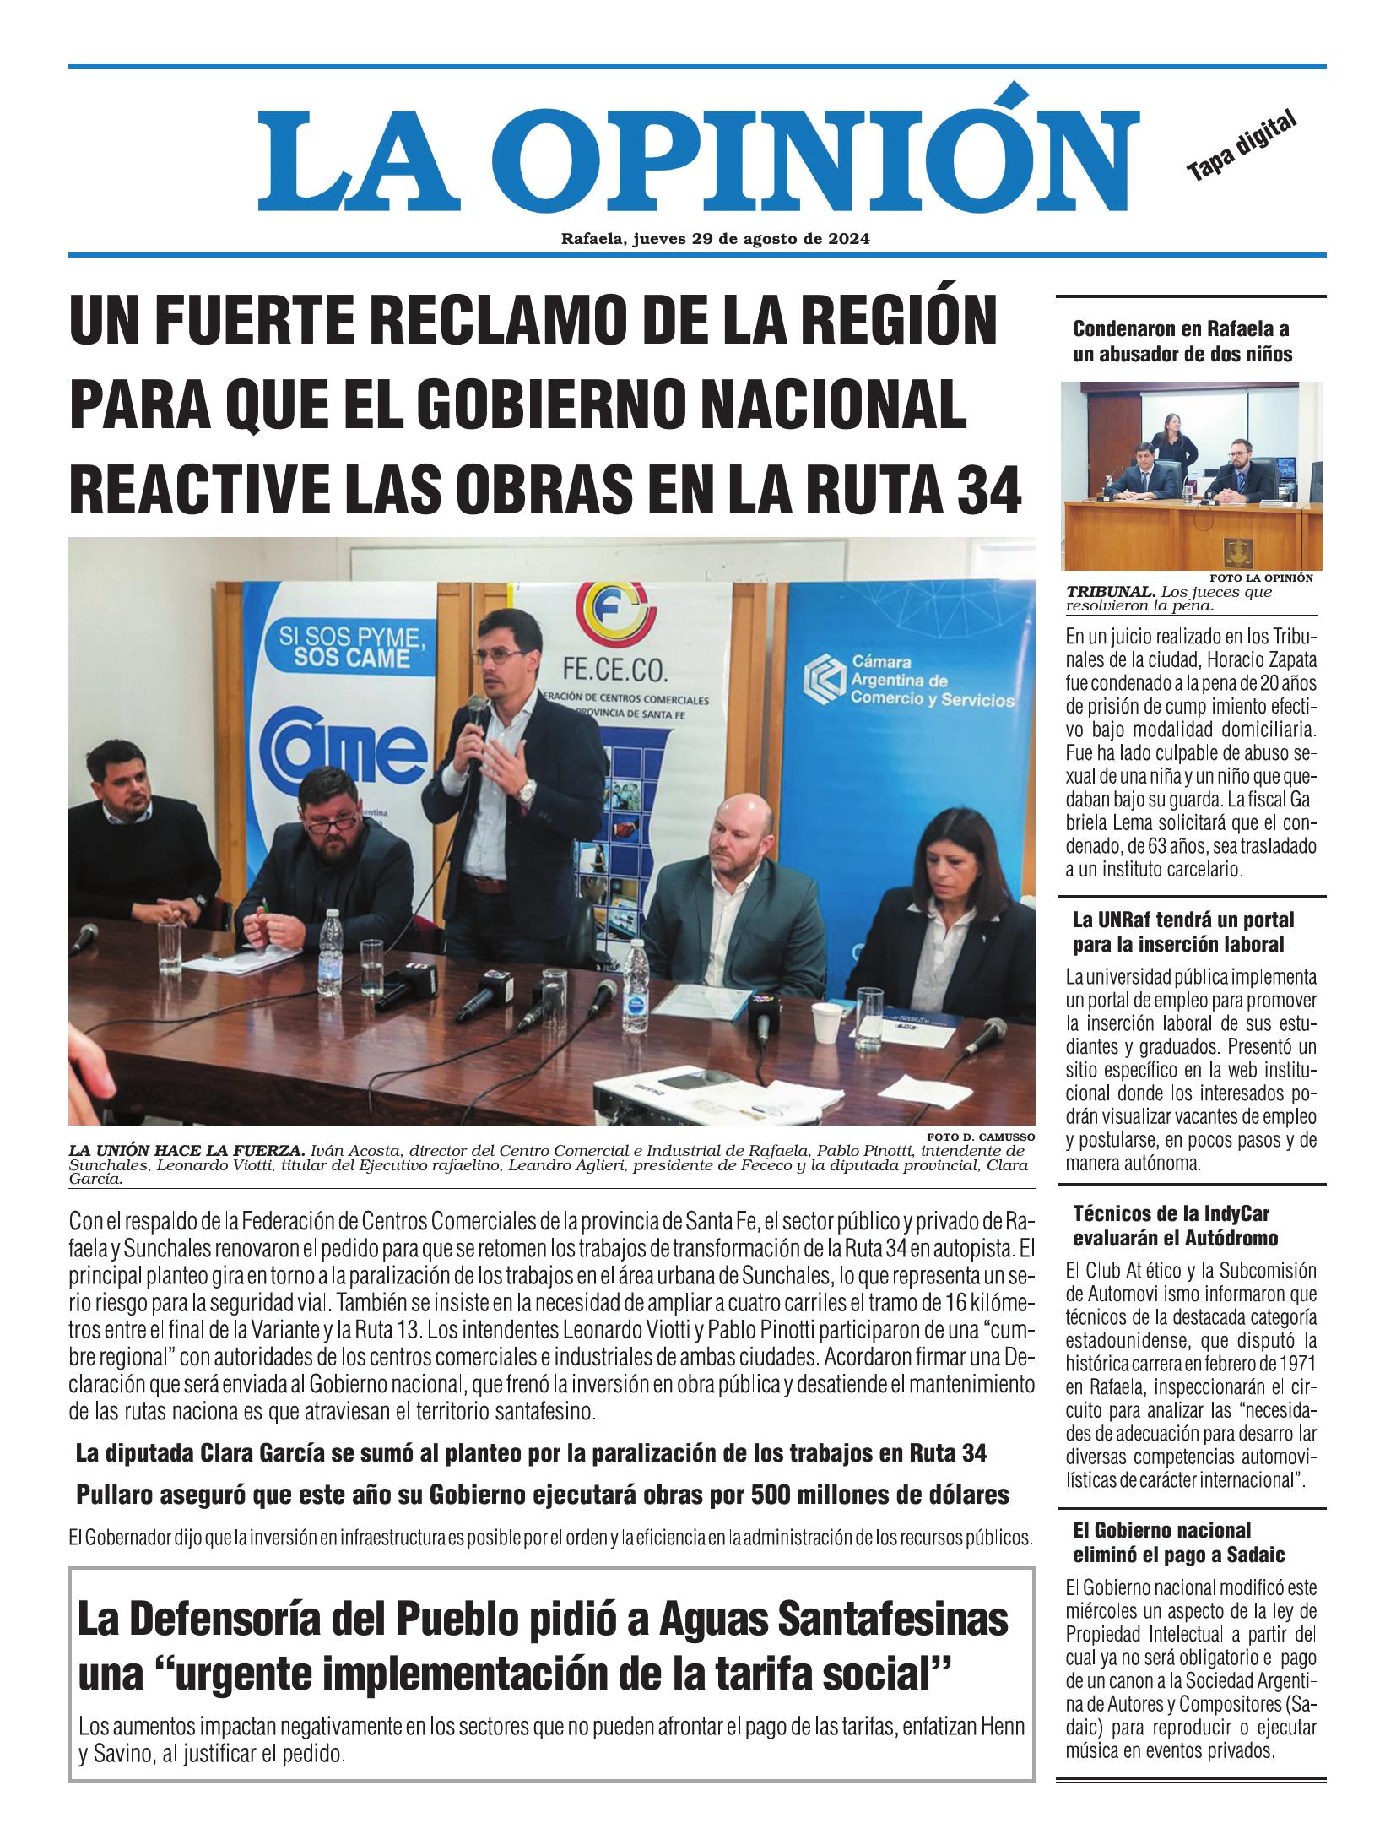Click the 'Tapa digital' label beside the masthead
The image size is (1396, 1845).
point(1240,145)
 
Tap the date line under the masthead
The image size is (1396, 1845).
point(715,239)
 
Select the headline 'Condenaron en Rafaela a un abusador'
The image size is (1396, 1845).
point(1182,341)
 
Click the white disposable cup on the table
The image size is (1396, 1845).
point(828,1024)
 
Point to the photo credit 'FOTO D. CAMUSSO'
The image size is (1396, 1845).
point(979,1136)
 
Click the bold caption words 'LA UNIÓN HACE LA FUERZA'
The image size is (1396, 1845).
point(186,1150)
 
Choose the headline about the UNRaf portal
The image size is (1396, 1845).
point(1182,931)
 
